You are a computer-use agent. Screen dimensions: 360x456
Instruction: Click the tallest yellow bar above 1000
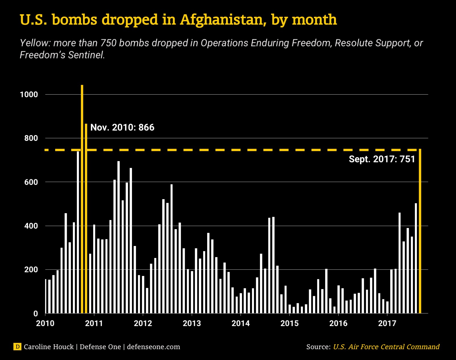(x=82, y=200)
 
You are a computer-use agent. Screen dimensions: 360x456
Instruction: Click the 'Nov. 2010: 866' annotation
(x=122, y=127)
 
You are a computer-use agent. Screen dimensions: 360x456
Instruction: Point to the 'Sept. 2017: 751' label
(x=382, y=159)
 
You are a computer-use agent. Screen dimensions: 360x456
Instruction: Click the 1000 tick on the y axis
(x=29, y=95)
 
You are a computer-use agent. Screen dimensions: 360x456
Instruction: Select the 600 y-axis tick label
(x=31, y=182)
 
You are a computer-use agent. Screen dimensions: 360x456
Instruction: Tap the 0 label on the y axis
(x=36, y=314)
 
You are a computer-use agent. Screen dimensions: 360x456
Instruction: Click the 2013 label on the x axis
(x=192, y=323)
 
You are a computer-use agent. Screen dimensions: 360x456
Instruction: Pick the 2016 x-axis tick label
(x=338, y=323)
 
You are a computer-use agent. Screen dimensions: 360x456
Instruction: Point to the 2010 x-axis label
(x=45, y=323)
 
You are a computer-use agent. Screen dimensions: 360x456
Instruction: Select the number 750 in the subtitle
(x=108, y=43)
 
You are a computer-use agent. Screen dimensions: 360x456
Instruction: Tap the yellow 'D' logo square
(x=17, y=347)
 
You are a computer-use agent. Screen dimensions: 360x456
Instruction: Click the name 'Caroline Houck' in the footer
(x=49, y=347)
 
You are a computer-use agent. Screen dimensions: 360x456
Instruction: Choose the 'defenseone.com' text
(x=153, y=347)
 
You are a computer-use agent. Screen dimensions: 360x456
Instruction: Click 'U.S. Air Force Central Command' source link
(x=386, y=347)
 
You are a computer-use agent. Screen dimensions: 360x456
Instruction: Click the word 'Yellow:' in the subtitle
(x=35, y=43)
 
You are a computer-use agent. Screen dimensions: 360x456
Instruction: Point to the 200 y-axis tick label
(x=31, y=270)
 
